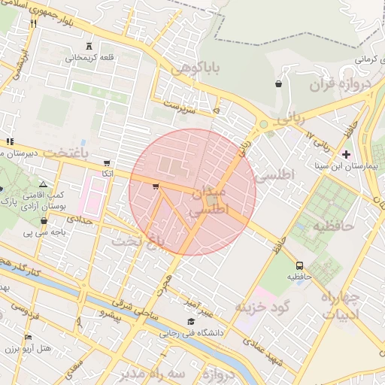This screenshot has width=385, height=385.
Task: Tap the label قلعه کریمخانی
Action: [90, 57]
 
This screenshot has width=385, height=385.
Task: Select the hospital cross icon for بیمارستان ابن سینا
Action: [346, 153]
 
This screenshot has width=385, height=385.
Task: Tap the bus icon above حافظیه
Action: [300, 265]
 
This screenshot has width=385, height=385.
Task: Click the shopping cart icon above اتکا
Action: [107, 162]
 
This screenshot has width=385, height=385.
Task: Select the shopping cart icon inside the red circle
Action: [156, 186]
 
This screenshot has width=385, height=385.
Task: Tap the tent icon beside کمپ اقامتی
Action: [43, 183]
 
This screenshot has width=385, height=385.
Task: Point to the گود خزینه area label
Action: [261, 307]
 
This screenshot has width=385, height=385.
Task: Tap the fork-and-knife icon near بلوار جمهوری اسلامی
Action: [33, 23]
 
